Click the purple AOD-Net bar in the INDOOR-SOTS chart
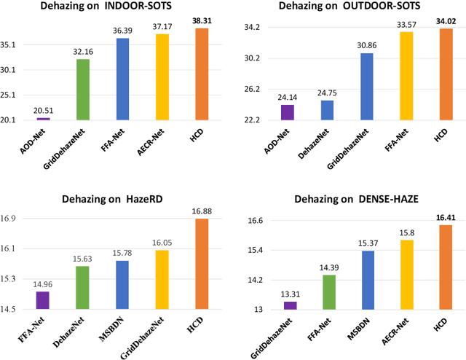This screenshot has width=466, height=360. tap(44, 118)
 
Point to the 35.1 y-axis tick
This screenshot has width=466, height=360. tap(15, 45)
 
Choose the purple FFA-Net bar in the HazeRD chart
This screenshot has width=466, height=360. tap(43, 300)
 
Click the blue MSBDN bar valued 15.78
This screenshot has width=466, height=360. tap(122, 285)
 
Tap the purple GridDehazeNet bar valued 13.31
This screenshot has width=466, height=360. tap(289, 305)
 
